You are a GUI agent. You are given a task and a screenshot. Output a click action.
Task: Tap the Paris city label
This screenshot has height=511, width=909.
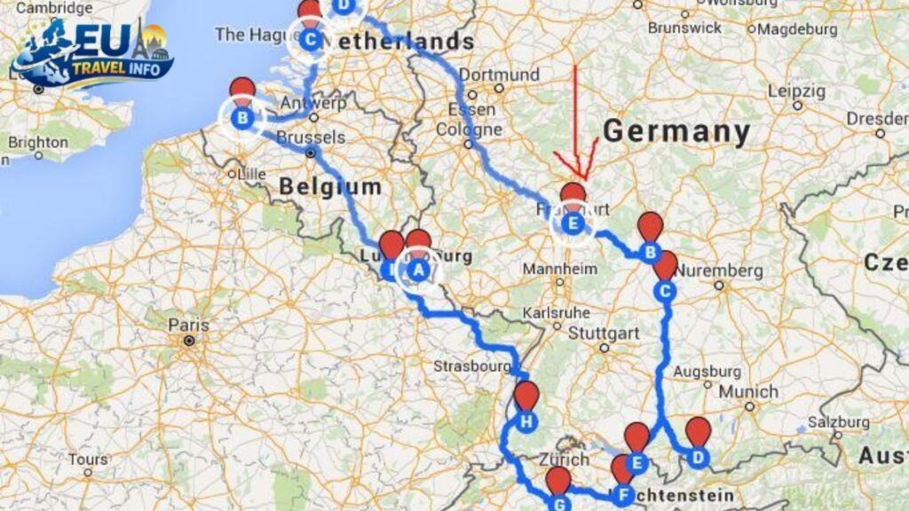pyautogui.click(x=188, y=325)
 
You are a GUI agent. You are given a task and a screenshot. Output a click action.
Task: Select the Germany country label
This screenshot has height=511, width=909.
pyautogui.click(x=676, y=132)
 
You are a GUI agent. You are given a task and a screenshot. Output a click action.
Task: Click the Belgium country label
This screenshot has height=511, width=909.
pyautogui.click(x=329, y=187)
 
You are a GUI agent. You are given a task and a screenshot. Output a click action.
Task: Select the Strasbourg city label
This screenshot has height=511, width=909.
pyautogui.click(x=471, y=366)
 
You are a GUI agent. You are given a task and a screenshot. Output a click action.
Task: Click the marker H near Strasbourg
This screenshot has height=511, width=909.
pyautogui.click(x=526, y=421)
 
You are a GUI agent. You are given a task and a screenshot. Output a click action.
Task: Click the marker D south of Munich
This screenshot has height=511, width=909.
pyautogui.click(x=699, y=457)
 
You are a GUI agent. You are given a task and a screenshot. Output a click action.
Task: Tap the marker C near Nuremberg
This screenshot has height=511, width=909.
pyautogui.click(x=666, y=290)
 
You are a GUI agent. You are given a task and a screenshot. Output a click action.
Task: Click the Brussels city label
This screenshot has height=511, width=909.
pyautogui.click(x=311, y=138)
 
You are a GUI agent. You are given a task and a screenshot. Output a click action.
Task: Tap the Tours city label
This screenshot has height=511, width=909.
pyautogui.click(x=88, y=460)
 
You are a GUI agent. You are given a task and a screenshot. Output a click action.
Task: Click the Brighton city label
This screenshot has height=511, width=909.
pyautogui.click(x=37, y=142)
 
